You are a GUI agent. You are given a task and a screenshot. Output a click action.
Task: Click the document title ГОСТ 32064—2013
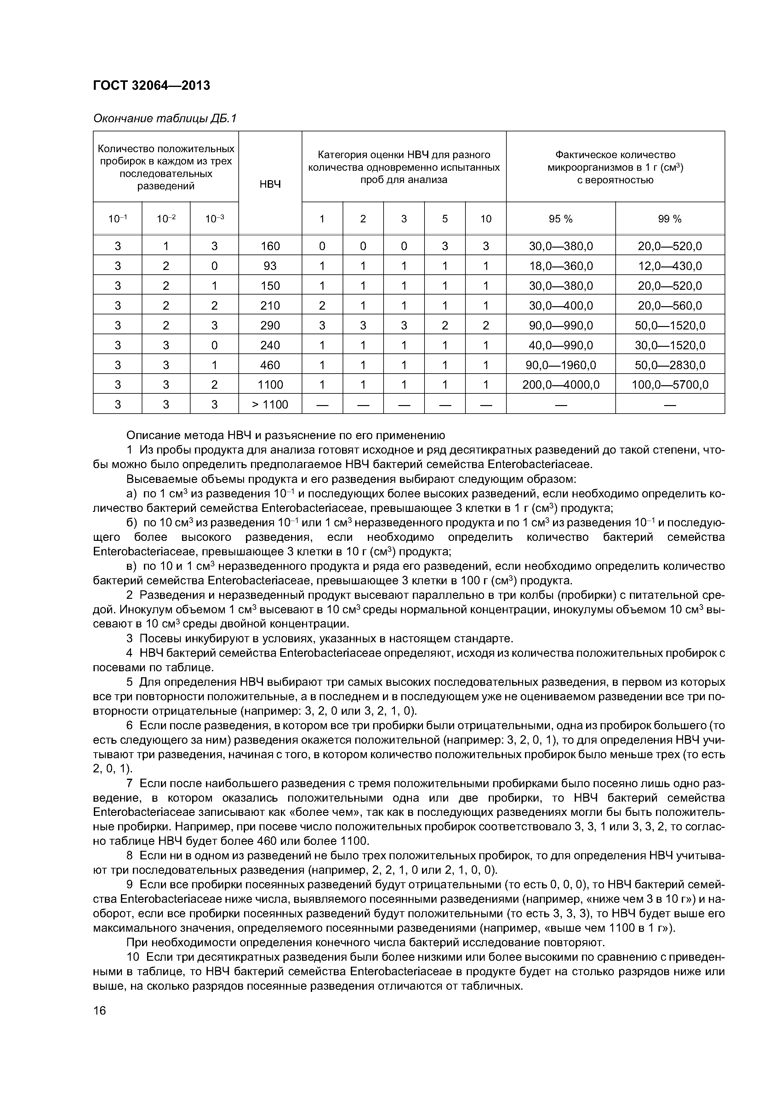click(151, 85)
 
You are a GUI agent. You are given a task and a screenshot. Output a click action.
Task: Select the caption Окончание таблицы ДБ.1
click(165, 118)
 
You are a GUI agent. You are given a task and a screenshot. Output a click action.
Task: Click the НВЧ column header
click(270, 184)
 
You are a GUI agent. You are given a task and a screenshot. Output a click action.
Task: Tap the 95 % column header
click(561, 219)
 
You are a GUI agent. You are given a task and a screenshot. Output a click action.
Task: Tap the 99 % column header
click(670, 219)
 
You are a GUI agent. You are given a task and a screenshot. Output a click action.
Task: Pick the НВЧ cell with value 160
click(270, 246)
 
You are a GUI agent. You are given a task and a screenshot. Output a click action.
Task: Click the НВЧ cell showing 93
click(270, 266)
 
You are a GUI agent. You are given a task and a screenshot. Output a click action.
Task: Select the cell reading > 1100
click(270, 404)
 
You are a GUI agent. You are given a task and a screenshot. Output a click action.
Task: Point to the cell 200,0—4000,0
click(561, 385)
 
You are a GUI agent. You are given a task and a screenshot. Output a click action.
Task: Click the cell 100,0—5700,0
click(670, 385)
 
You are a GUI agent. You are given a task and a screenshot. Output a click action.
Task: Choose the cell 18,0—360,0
click(561, 266)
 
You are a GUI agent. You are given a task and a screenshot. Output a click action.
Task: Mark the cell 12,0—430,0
click(670, 266)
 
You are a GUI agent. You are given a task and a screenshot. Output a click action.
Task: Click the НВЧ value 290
click(270, 325)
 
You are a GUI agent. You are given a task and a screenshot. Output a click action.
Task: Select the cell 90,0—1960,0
click(561, 365)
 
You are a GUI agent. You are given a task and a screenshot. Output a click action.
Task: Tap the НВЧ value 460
click(270, 365)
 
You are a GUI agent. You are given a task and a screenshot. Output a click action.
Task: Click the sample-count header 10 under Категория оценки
click(486, 219)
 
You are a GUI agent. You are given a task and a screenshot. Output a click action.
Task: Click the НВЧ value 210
click(270, 306)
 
